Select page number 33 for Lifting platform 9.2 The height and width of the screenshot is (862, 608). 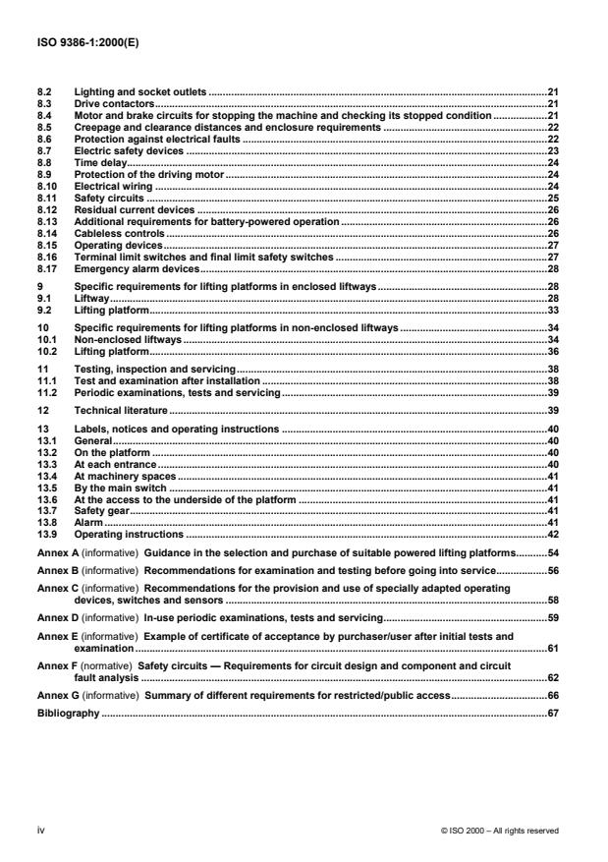(x=552, y=310)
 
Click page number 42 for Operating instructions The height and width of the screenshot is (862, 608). (x=552, y=535)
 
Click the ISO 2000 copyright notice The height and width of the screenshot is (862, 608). (x=499, y=831)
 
